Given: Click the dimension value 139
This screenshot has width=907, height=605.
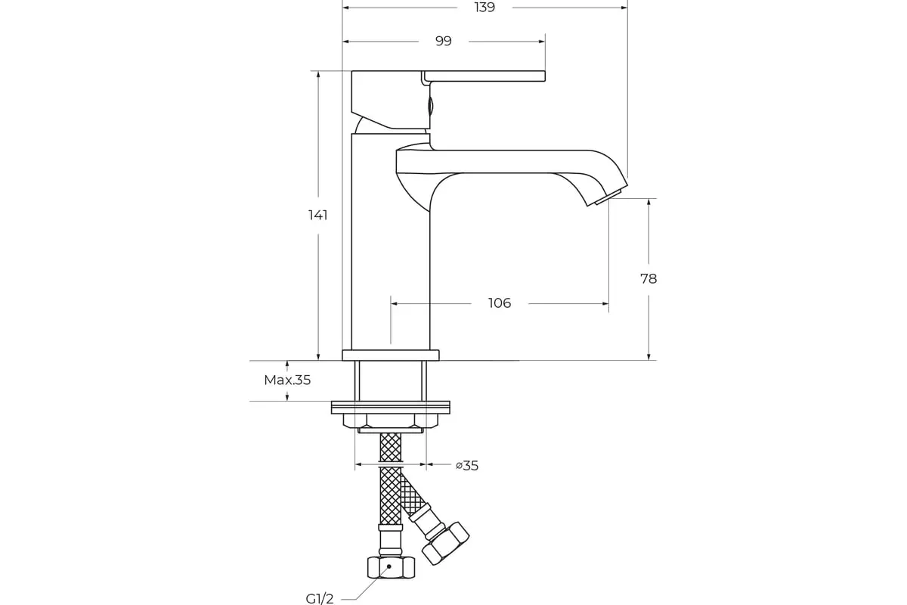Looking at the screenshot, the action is point(484,8).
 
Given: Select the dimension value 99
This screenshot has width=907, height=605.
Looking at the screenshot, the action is point(444,41).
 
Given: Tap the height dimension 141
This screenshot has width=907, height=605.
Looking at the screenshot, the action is point(318,215).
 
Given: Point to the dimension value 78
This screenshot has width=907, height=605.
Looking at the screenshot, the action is point(649,279).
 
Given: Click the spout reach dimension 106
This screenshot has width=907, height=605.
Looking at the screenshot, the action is point(500,303).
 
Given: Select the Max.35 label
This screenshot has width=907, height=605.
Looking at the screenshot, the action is point(287,380).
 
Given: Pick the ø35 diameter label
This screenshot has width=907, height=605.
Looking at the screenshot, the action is point(467,466).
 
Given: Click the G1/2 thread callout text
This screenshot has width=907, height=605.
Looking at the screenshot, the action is point(320,598).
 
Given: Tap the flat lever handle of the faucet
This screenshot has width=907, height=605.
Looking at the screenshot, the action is point(484,76).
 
